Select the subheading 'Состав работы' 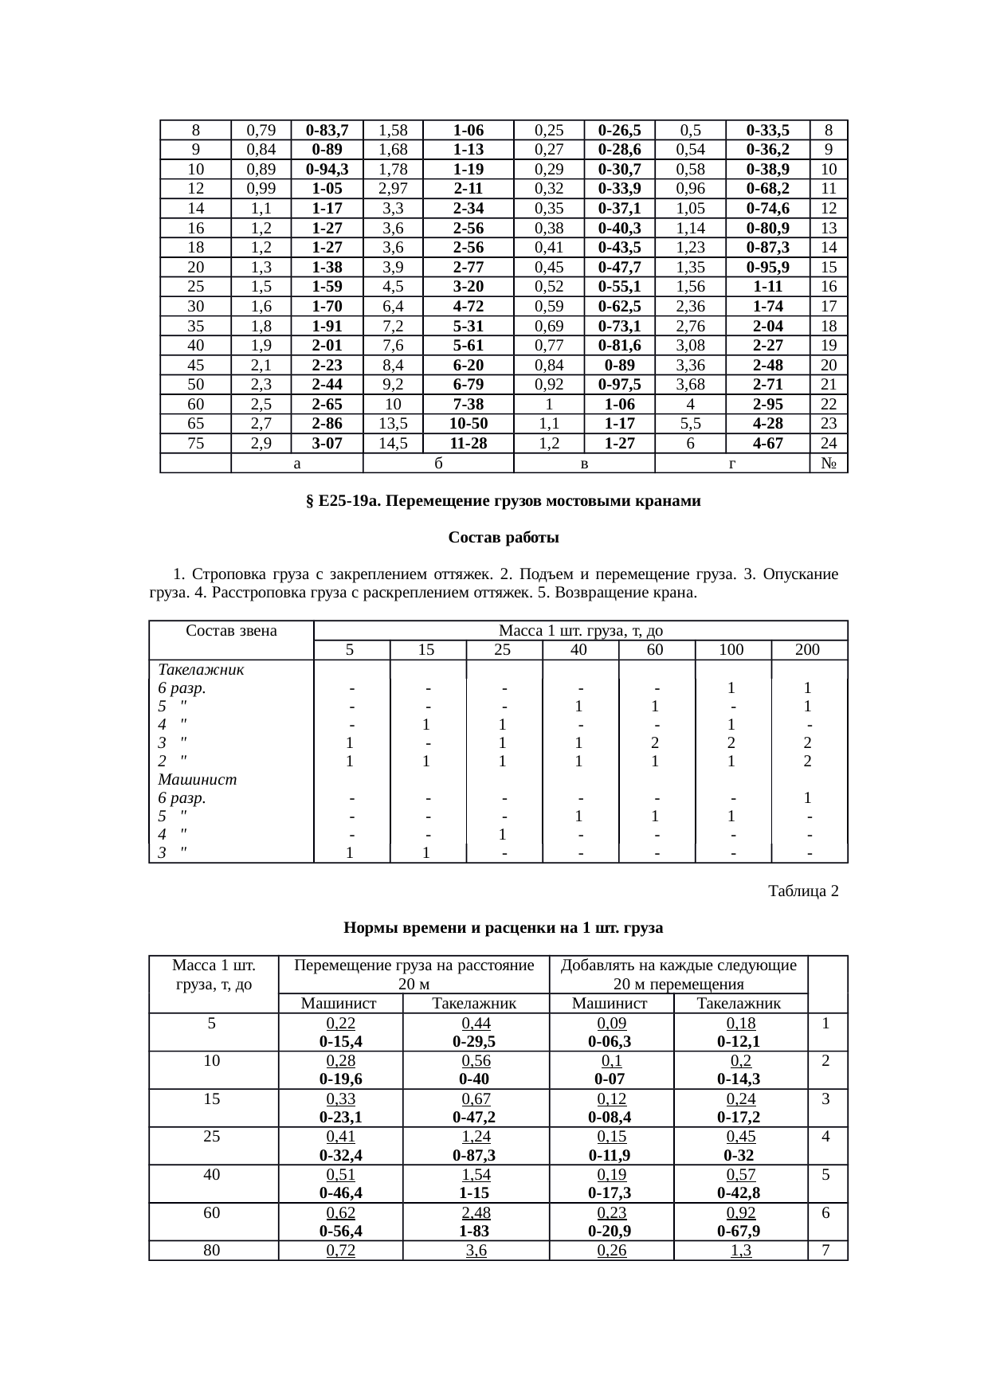tap(503, 538)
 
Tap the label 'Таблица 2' tap(802, 891)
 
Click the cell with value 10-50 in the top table tap(469, 424)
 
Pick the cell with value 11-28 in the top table tap(469, 444)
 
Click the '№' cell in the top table tap(829, 463)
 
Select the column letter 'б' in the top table tap(438, 463)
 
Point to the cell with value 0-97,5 tap(619, 385)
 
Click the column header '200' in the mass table tap(808, 650)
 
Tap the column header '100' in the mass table tap(731, 650)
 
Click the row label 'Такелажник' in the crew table tap(201, 670)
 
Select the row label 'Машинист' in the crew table tap(198, 779)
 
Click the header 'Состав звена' tap(231, 632)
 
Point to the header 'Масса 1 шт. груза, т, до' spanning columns tap(580, 632)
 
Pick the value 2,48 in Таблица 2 tap(476, 1212)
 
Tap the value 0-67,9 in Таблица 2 tap(738, 1232)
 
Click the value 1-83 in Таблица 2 tap(474, 1232)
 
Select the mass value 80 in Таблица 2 tap(212, 1251)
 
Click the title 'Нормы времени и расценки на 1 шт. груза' tap(503, 928)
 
